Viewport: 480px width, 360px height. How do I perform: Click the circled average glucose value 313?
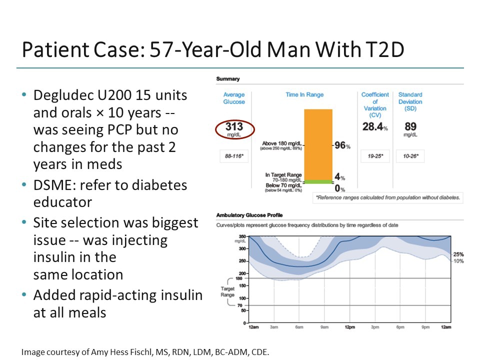point(234,128)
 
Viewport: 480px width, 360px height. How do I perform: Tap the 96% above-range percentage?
point(342,146)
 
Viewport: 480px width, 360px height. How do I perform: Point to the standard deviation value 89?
point(410,127)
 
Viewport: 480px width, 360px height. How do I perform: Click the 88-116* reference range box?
point(233,156)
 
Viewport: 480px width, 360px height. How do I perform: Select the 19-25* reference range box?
point(375,156)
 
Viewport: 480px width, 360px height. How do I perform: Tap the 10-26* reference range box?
point(410,156)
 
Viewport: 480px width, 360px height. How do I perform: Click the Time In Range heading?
point(304,95)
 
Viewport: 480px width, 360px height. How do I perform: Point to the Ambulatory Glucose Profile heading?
point(249,215)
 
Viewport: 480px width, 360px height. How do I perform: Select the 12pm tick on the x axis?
point(349,327)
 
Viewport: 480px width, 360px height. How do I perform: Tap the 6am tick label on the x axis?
point(299,327)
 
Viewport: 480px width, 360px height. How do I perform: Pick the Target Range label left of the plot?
point(227,292)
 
